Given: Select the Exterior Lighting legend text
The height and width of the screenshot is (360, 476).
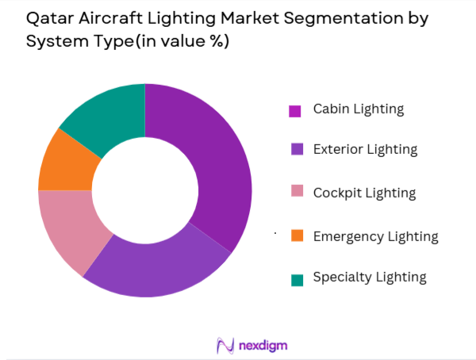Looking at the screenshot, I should click(x=365, y=148).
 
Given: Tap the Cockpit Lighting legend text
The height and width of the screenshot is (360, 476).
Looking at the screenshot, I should click(x=364, y=192).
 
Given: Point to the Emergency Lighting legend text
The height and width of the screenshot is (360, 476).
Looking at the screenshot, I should click(x=375, y=236).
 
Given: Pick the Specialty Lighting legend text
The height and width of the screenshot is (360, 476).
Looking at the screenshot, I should click(x=370, y=277).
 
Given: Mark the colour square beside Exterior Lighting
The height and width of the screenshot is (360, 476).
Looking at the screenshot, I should click(x=295, y=150).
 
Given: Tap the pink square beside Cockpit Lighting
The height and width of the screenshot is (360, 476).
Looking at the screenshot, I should click(x=295, y=193).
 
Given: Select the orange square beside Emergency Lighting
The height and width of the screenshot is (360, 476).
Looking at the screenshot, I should click(x=295, y=236).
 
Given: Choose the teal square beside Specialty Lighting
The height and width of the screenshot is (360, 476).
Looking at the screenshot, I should click(x=295, y=278).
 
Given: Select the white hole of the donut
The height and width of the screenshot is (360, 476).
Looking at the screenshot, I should click(x=144, y=190).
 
